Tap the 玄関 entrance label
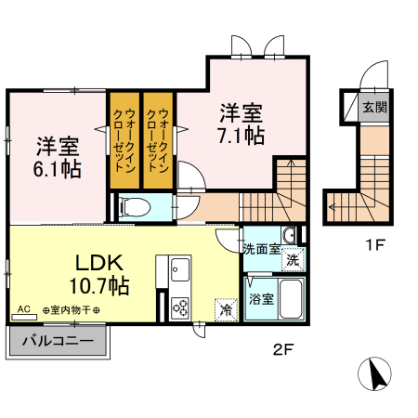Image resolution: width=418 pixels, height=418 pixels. click(374, 107)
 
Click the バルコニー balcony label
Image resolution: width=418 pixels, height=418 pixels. click(58, 341)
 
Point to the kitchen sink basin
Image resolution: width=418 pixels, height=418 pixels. click(180, 269)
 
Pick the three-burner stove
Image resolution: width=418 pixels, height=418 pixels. click(180, 308)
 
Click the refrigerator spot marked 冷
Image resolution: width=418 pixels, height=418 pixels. click(227, 309)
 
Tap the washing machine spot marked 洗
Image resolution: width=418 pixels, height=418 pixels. click(293, 259)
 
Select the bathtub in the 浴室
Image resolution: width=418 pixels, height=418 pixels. click(291, 298)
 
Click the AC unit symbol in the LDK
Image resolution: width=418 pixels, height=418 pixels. click(24, 317)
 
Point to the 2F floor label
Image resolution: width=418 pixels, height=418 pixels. click(283, 349)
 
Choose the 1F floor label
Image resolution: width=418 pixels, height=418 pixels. click(375, 245)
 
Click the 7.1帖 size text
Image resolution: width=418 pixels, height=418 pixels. click(242, 136)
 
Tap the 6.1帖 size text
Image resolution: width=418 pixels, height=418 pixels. click(58, 169)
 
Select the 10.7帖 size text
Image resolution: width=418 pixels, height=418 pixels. click(99, 285)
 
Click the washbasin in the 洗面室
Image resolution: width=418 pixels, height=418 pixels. click(289, 236)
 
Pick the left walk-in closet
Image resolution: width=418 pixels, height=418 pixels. click(124, 140)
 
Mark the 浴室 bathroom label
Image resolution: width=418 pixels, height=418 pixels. click(262, 299)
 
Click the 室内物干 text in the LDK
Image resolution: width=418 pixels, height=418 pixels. click(71, 309)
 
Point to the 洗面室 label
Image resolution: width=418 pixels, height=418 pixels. click(262, 249)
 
